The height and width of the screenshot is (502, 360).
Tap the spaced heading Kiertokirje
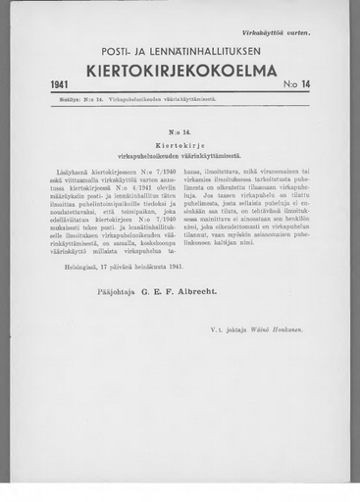[x=180, y=140]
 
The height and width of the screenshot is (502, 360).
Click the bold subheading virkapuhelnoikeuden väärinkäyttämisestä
[x=180, y=153]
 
